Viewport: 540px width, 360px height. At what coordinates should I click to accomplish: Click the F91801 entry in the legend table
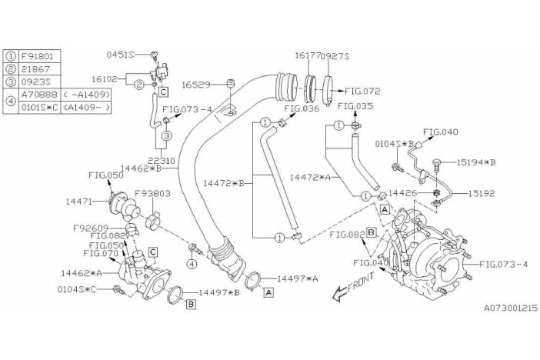click(36, 56)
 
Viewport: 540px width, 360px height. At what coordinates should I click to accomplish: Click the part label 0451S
click(120, 54)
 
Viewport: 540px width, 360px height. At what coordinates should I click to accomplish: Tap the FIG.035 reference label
click(355, 105)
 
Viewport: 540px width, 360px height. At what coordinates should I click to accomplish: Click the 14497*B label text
click(220, 293)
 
